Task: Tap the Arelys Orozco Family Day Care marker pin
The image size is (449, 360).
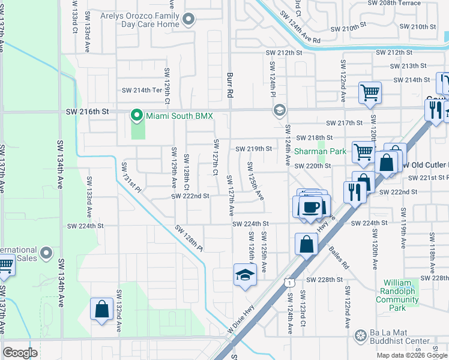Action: click(x=188, y=20)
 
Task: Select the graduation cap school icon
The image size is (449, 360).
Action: click(x=244, y=275)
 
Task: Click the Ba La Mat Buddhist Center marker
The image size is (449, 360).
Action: click(x=361, y=335)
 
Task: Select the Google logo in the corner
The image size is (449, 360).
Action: click(x=20, y=352)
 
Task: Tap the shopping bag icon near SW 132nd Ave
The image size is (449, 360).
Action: click(x=101, y=309)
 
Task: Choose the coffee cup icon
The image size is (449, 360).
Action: click(x=310, y=207)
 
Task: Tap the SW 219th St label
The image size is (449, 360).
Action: click(x=253, y=149)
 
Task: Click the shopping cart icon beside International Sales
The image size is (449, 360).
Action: click(x=5, y=265)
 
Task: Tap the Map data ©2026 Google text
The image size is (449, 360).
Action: click(x=411, y=355)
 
